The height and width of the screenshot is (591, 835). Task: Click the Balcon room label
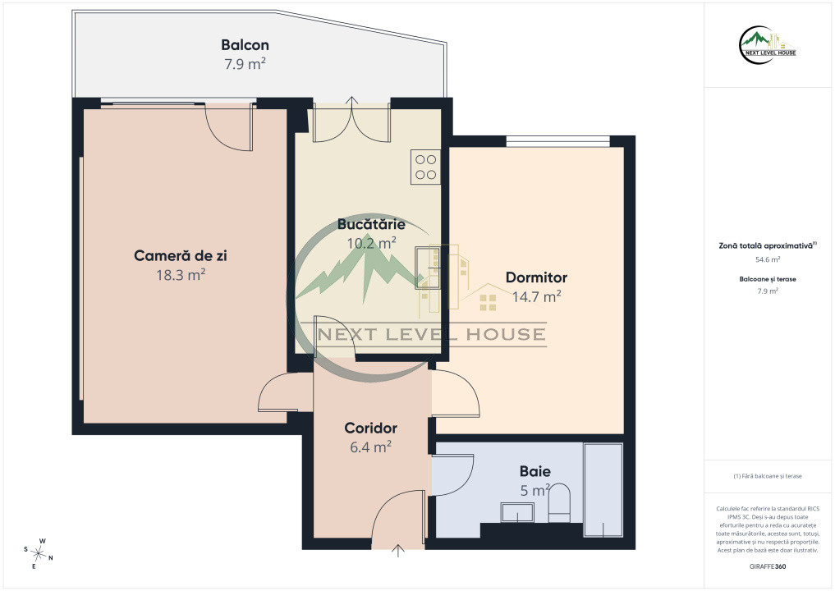(245, 45)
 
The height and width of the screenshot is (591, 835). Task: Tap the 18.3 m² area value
(181, 275)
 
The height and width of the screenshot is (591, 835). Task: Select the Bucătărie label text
(371, 224)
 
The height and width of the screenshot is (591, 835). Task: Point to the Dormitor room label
(536, 277)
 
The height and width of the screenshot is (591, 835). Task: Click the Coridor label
(370, 428)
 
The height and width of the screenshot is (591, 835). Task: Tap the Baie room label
(535, 471)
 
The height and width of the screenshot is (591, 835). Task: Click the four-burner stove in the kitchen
(425, 167)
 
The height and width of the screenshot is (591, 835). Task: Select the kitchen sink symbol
(428, 268)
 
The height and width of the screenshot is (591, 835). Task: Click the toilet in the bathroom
(559, 502)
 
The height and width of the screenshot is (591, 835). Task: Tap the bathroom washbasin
(517, 512)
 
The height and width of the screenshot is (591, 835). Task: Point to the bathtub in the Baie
(603, 490)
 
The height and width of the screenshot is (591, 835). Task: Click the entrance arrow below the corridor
(398, 551)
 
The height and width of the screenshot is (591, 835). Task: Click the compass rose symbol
(39, 554)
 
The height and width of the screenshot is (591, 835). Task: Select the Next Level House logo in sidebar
(768, 44)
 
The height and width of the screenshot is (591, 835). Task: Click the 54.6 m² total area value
(768, 260)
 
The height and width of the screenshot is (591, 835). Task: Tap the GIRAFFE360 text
(768, 566)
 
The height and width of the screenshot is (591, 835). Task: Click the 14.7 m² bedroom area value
(536, 296)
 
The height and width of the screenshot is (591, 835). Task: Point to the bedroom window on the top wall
(557, 141)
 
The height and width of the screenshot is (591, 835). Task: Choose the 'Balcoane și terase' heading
(768, 279)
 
